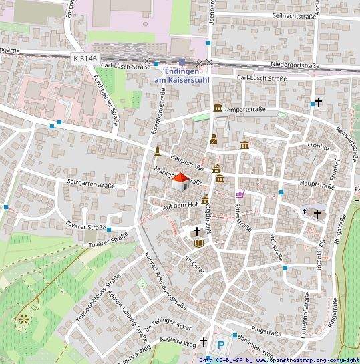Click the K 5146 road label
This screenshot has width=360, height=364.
click(83, 59)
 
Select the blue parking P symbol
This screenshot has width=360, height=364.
click(221, 345)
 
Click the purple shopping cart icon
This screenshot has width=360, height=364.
click(240, 194)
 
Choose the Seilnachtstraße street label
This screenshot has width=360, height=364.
click(285, 15)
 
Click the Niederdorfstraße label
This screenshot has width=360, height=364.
click(295, 65)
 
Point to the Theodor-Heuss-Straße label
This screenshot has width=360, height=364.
click(98, 299)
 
